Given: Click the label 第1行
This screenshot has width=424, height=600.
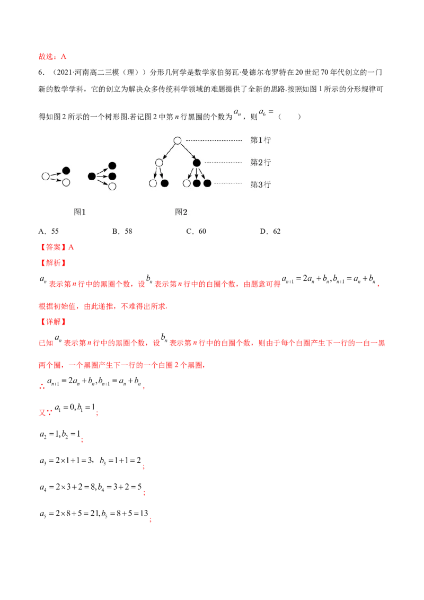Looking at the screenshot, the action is (x=260, y=140).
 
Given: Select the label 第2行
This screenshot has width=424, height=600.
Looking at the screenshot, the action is (x=260, y=162).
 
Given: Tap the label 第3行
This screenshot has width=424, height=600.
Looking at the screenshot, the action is (x=260, y=184).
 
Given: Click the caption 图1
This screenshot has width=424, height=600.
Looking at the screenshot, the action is (x=79, y=211).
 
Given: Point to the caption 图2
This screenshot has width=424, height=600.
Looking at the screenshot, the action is (x=181, y=211).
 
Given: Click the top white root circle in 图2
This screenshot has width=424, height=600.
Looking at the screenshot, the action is (x=178, y=140).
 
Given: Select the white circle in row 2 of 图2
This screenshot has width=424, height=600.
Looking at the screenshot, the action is (x=159, y=163).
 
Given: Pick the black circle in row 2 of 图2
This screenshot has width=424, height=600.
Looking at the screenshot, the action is (x=197, y=163).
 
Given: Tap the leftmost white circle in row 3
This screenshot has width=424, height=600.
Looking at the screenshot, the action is (x=153, y=183).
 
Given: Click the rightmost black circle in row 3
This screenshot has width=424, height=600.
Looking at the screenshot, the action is (x=207, y=183).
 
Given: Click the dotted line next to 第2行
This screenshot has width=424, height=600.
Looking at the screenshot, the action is (x=223, y=162).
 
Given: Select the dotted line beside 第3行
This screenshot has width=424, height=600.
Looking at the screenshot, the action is (x=228, y=183).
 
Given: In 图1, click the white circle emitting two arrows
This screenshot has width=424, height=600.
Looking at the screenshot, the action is (x=46, y=176).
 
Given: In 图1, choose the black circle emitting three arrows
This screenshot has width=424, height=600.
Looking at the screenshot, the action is (x=92, y=176).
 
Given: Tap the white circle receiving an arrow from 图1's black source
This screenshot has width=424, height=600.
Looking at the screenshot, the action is (x=112, y=186).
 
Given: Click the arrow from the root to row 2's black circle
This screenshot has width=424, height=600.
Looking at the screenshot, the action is (x=188, y=152).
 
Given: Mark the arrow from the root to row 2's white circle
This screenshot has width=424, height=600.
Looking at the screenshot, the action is (x=168, y=152).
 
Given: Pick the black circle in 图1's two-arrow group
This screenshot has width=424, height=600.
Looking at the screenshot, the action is (x=66, y=171).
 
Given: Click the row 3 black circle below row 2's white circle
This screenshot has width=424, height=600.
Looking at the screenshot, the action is (x=165, y=183).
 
